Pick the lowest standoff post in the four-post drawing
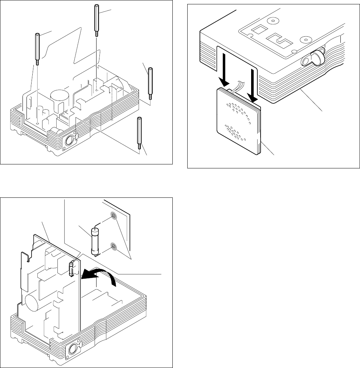pos(139,133)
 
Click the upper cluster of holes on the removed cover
pos(240,110)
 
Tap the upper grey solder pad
pos(114,217)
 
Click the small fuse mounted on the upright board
pos(71,268)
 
